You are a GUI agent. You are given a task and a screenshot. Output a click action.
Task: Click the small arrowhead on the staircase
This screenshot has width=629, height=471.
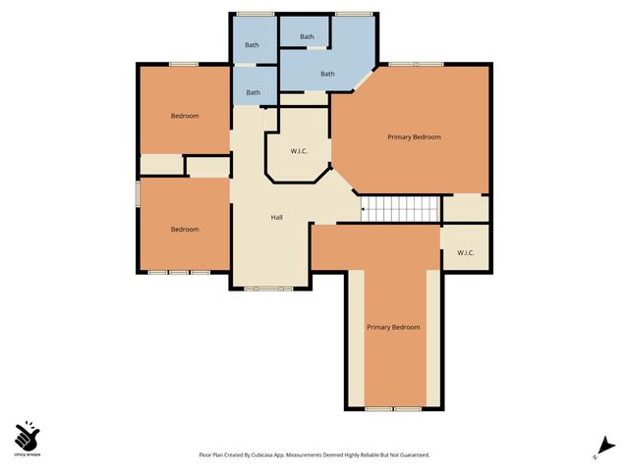(363, 208)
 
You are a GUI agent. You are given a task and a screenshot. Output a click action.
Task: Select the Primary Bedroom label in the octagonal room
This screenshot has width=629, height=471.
(413, 137)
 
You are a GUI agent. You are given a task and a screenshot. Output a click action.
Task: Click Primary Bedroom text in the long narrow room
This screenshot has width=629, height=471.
(393, 327)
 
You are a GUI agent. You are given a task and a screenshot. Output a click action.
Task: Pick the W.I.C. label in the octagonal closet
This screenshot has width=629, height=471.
(300, 151)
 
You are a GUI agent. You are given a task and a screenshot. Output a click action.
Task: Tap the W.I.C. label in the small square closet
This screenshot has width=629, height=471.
(465, 253)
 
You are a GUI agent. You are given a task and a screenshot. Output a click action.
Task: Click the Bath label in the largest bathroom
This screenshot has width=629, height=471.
(327, 74)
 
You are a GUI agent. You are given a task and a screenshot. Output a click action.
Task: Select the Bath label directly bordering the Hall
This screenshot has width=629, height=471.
(253, 93)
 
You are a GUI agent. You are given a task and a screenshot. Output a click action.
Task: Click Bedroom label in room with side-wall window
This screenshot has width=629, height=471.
(185, 230)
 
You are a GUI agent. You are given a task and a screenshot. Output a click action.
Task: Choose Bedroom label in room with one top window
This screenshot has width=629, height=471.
(185, 116)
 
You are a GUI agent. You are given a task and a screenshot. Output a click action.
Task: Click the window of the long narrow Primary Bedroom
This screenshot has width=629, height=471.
(393, 407)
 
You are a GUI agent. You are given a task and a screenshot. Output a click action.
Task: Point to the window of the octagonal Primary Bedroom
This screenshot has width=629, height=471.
(416, 64)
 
